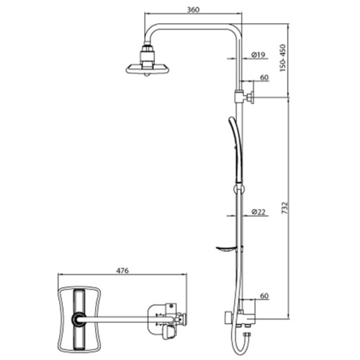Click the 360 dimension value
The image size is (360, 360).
pos(193,9)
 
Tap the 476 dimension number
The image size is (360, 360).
pos(122,271)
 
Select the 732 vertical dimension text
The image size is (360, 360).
pos(284,208)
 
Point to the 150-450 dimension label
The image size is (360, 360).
pos(283,58)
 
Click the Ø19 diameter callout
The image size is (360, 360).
pos(258,55)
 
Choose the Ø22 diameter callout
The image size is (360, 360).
pos(258,212)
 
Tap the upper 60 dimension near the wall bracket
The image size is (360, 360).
pos(264,78)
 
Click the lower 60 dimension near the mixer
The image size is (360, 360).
pos(264,296)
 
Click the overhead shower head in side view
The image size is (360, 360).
pos(148,68)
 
